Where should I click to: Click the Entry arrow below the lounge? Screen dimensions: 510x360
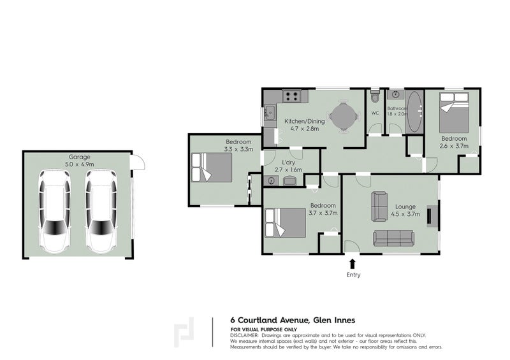point(353,264)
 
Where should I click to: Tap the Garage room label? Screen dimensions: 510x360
point(79,157)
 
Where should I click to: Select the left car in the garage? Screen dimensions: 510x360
point(54,212)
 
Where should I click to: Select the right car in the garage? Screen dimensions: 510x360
point(101,212)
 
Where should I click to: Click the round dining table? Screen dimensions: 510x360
point(343,116)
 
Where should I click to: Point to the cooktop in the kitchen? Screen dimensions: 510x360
point(291,96)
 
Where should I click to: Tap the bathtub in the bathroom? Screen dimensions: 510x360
point(414,112)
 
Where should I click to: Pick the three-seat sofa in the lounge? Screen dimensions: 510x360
point(393,238)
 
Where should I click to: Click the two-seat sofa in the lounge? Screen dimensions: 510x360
point(379,206)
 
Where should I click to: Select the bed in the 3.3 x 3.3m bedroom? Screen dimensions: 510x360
point(212,167)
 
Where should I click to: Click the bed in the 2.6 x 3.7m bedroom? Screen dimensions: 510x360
point(454,112)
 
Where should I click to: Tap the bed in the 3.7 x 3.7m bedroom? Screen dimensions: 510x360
point(285,223)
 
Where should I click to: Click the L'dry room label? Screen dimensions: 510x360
point(288,162)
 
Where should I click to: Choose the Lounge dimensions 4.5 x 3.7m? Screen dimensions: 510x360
point(405,213)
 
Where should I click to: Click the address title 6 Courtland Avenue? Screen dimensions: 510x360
point(269,320)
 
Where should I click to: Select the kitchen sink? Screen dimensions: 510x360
point(269,113)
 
